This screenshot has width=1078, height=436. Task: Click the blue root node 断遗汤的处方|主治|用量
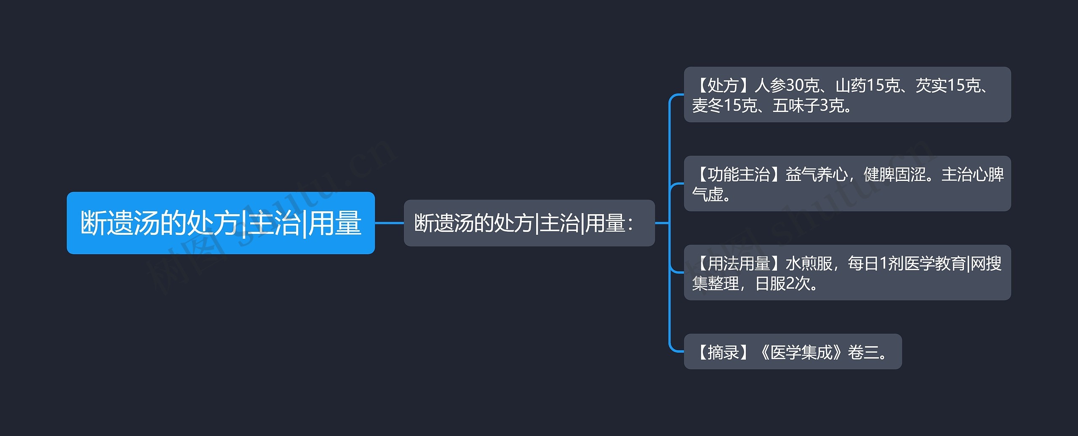coord(221,223)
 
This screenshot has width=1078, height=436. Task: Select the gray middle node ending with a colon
coord(529,223)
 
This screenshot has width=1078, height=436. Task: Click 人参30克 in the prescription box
coord(786,85)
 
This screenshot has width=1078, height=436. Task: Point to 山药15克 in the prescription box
coord(867,85)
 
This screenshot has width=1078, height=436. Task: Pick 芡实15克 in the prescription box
coord(948,85)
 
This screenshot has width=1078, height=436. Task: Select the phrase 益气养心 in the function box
coord(817,174)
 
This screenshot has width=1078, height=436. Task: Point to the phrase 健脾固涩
coord(894,174)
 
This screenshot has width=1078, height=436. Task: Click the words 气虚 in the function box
coord(708,194)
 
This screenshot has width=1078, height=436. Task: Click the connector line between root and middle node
coord(389,223)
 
